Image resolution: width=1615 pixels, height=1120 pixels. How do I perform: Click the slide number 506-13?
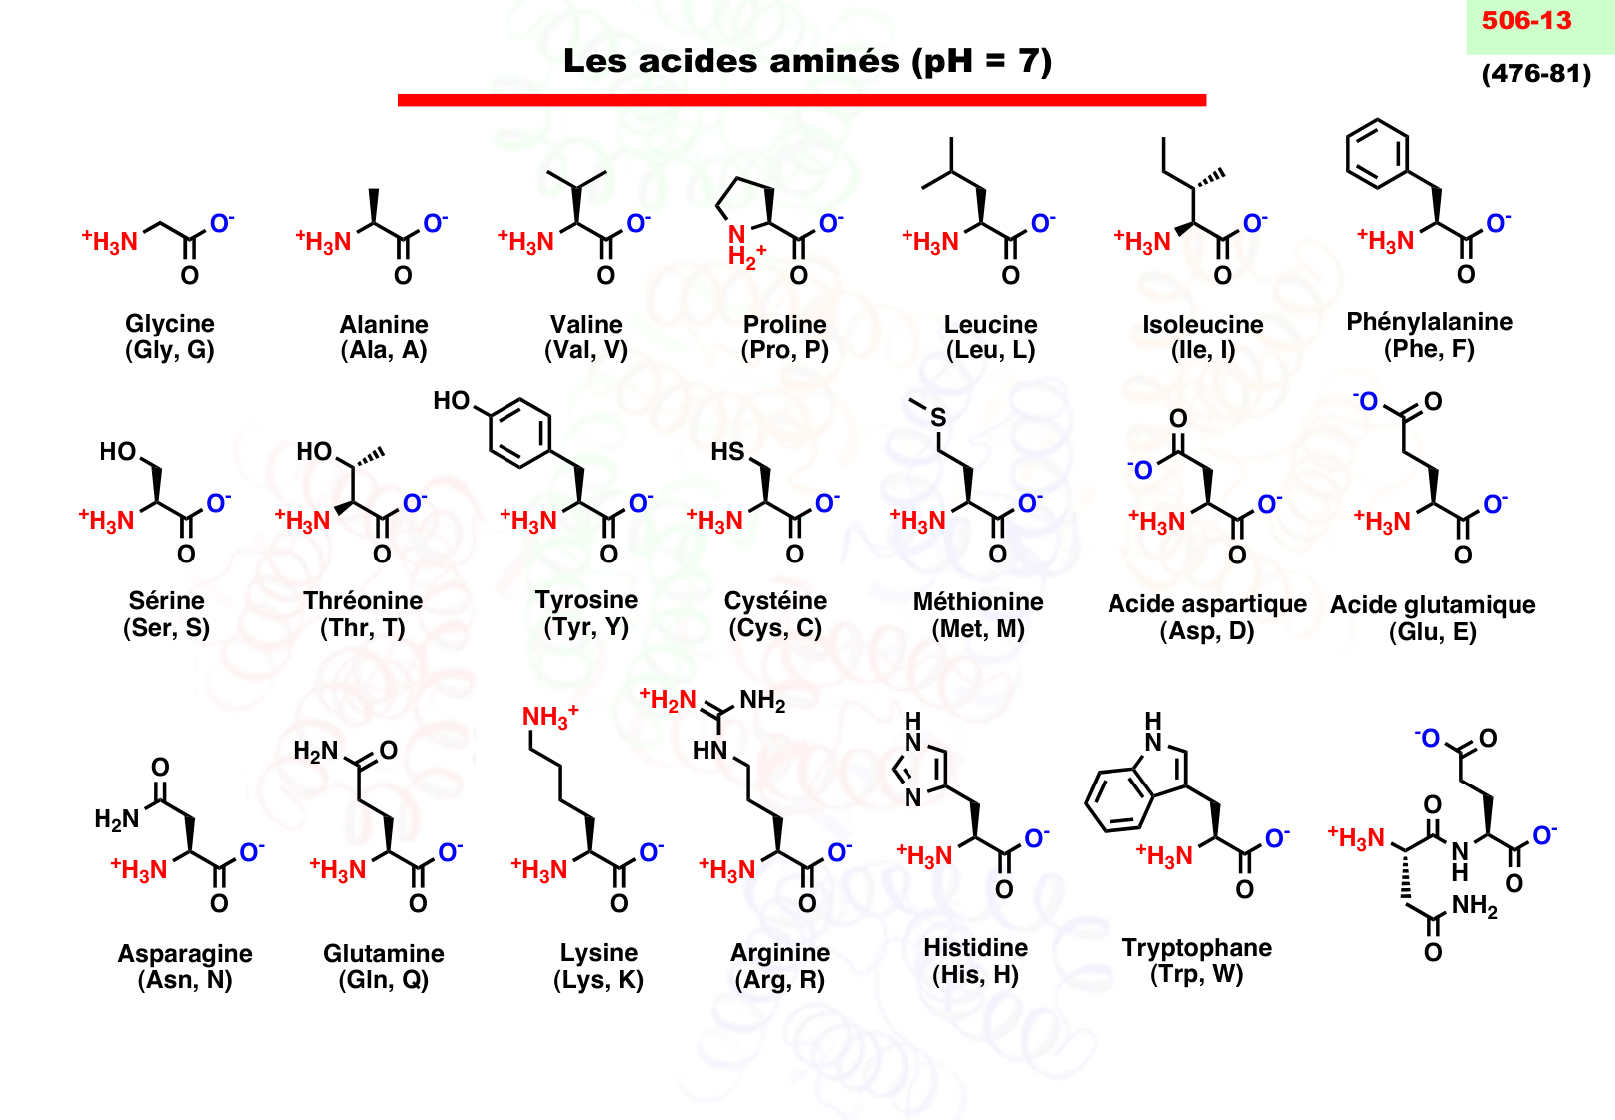(1525, 21)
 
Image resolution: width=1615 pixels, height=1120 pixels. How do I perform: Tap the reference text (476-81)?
(1535, 73)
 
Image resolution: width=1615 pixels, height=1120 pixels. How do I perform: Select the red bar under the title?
(801, 100)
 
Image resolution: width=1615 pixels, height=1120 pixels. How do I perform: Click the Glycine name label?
(170, 323)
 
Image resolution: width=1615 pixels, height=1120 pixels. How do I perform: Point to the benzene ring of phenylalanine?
(1377, 153)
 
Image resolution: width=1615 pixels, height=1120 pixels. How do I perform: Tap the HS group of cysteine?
(727, 452)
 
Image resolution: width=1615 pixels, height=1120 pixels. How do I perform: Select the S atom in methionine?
(938, 418)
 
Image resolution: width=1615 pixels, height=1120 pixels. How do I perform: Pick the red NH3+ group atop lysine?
(549, 717)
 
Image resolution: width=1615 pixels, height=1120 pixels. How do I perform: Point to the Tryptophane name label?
(1196, 947)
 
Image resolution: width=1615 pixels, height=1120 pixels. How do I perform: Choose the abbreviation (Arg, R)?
(779, 980)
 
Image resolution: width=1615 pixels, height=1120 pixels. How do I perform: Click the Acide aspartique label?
(1206, 604)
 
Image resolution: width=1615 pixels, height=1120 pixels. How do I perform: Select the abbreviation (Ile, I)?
(1202, 350)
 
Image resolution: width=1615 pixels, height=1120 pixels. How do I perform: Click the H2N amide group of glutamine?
(315, 751)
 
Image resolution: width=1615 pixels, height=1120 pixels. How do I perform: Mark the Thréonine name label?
(363, 600)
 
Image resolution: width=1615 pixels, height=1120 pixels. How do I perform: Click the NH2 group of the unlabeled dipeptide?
(1474, 906)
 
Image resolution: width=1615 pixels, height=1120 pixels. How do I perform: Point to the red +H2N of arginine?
(669, 700)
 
